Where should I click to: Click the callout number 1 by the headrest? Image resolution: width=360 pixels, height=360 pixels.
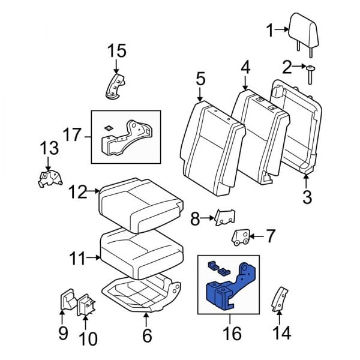click(270, 29)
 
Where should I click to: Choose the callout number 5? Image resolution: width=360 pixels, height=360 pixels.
click(200, 79)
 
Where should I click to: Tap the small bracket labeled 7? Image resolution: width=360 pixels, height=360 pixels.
click(241, 237)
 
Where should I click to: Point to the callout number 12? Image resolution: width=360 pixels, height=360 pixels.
click(77, 192)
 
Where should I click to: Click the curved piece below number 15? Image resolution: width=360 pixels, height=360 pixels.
click(115, 86)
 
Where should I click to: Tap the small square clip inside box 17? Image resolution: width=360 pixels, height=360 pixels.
click(108, 127)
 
